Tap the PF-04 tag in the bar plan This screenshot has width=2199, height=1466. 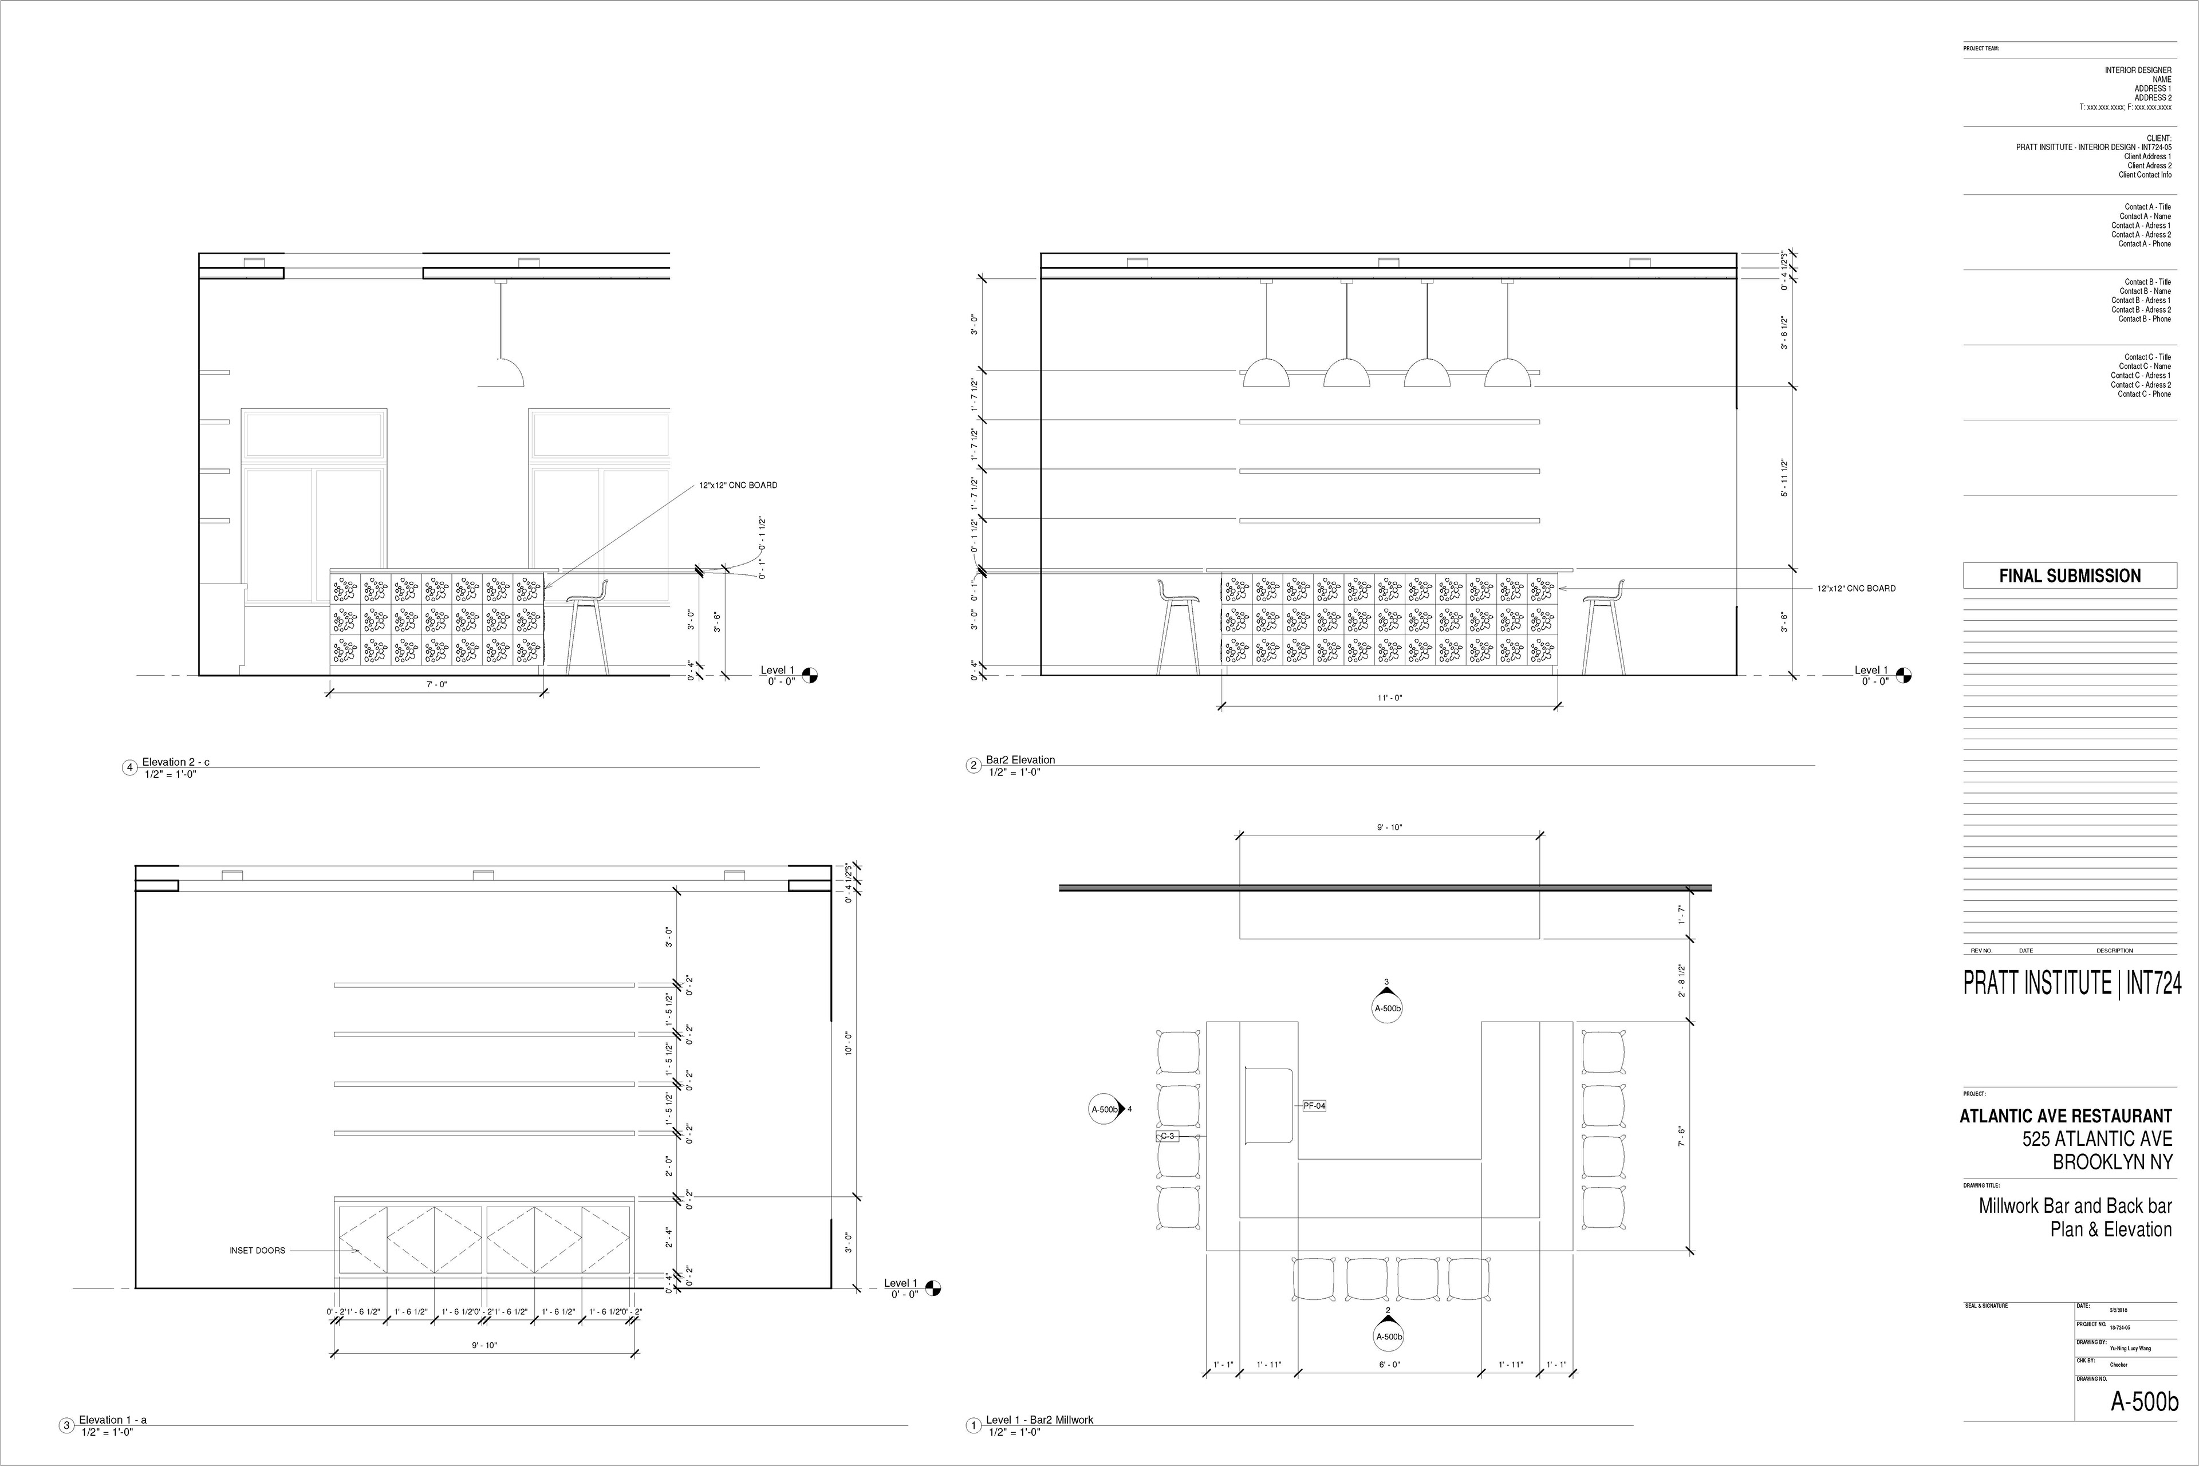coord(1314,1106)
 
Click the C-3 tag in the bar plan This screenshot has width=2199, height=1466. coord(1167,1136)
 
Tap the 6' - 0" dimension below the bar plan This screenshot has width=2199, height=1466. coord(1389,1365)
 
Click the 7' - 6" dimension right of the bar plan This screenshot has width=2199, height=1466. coord(1682,1136)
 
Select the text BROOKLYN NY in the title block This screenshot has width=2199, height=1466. coord(2111,1162)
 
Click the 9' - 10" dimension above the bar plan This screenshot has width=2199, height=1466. coord(1389,827)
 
